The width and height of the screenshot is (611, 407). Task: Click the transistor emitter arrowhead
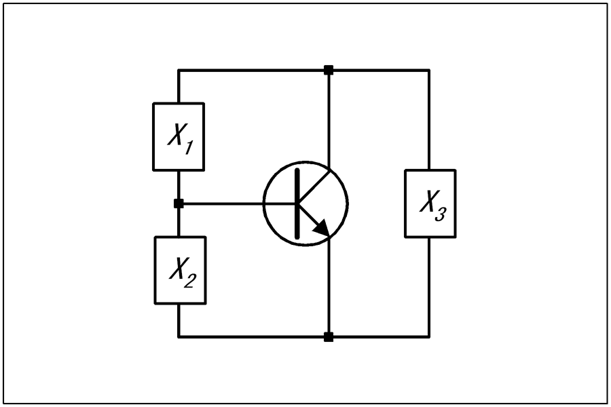[x=322, y=228]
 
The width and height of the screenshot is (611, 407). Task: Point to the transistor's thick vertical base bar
[x=298, y=203]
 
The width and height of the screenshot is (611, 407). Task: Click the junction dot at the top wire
[x=329, y=70]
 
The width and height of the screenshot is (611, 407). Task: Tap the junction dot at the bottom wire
[x=329, y=337]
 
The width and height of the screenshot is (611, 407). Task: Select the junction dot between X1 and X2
[x=179, y=203]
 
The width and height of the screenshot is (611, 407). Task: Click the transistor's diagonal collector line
[x=314, y=186]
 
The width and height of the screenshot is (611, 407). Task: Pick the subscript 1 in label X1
[x=188, y=148]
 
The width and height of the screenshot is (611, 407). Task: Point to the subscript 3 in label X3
[x=441, y=214]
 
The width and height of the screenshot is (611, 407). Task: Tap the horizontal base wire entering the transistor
[x=238, y=203]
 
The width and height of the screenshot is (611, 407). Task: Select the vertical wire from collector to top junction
[x=329, y=120]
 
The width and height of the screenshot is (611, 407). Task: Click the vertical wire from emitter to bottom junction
[x=329, y=287]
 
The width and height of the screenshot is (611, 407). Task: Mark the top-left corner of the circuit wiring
[x=179, y=70]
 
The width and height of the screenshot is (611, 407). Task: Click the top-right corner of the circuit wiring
[x=430, y=70]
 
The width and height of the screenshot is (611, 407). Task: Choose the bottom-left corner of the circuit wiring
[x=179, y=337]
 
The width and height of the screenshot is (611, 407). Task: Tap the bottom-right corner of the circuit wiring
[x=430, y=337]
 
